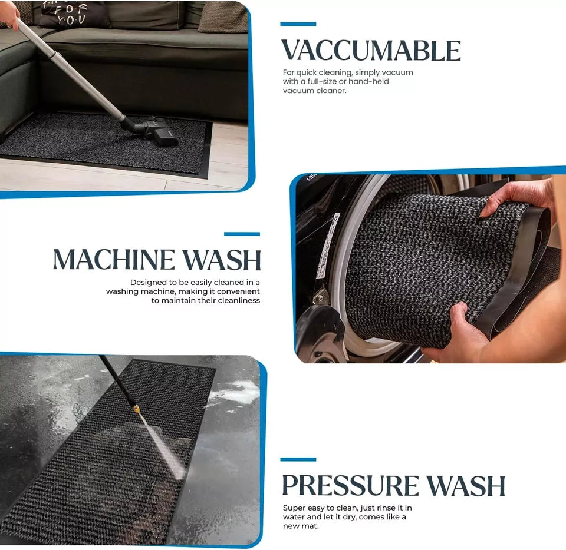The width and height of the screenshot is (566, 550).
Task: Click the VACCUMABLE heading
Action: coord(370,51)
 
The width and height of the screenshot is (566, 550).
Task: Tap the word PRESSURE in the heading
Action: coord(350,486)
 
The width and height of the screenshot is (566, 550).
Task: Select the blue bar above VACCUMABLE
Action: coord(298,24)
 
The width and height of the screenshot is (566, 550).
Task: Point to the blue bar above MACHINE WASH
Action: coord(242,234)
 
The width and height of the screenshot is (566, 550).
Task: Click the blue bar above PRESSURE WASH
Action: coord(298,459)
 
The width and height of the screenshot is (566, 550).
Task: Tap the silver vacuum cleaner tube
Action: coord(71,71)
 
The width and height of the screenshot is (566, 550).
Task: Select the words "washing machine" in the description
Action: coord(138,291)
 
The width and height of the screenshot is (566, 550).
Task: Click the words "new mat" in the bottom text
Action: coord(301,525)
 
